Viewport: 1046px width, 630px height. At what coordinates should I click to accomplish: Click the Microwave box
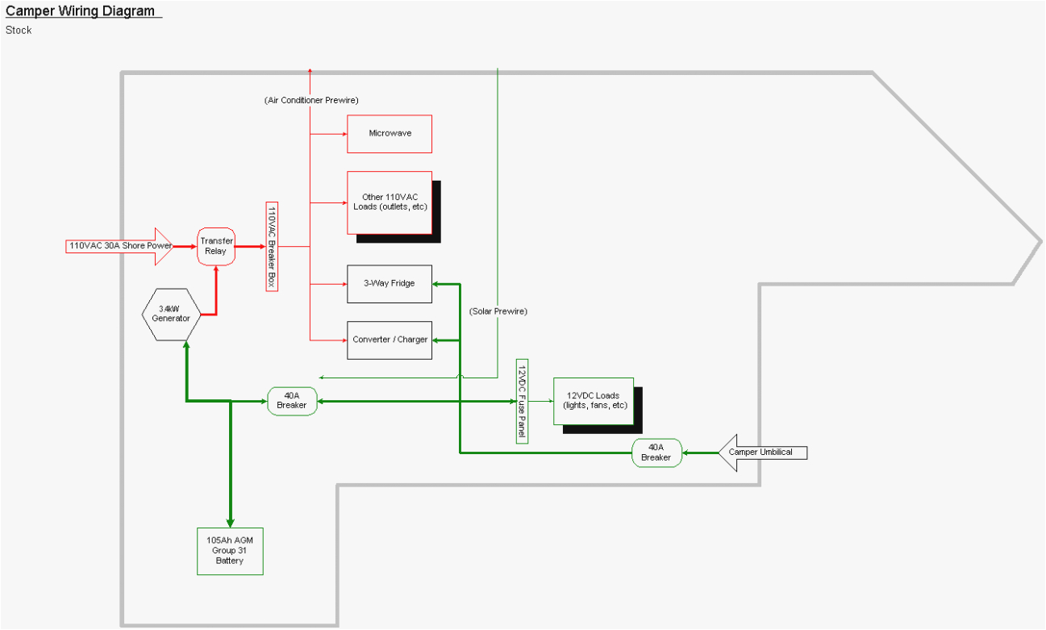(x=390, y=134)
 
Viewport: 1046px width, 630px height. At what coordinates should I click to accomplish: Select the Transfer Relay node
(x=216, y=246)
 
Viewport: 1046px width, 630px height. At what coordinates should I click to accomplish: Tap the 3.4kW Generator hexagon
(x=174, y=314)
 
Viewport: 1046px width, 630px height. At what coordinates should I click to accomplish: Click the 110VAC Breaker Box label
(x=272, y=246)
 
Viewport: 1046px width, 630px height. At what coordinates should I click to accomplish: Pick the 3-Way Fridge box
(x=390, y=284)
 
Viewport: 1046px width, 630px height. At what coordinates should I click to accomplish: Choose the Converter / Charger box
(x=390, y=340)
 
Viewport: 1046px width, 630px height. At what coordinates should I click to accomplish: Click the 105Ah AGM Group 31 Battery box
(x=230, y=551)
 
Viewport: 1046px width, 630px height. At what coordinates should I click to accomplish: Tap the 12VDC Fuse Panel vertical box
(x=522, y=401)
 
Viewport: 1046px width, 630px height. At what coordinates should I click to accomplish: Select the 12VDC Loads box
(x=593, y=401)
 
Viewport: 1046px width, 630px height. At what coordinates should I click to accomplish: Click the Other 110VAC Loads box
(x=390, y=202)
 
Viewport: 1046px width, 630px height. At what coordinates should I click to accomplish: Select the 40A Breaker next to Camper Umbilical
(x=656, y=453)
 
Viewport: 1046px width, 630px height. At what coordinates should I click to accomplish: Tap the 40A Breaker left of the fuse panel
(x=292, y=401)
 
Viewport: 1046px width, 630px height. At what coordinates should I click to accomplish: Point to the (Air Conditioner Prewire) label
(x=311, y=100)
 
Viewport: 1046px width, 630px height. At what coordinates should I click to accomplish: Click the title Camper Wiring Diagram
(x=81, y=11)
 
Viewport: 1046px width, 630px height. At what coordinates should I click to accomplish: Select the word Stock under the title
(x=19, y=31)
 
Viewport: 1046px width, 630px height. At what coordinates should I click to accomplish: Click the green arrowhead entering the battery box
(x=230, y=523)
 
